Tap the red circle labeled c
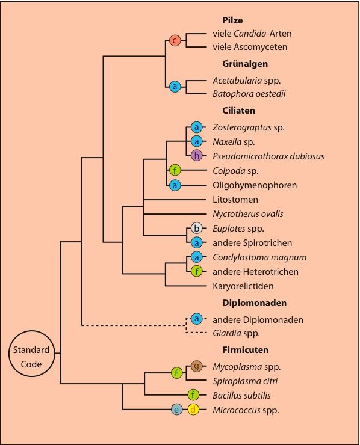click(x=175, y=40)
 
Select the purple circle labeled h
click(x=197, y=155)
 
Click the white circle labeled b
click(x=197, y=228)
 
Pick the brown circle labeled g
click(x=197, y=366)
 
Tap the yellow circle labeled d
click(x=193, y=410)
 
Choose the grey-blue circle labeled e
click(x=177, y=410)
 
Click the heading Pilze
click(x=232, y=20)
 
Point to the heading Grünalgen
click(x=245, y=64)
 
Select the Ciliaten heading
click(x=238, y=111)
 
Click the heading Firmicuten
click(x=245, y=349)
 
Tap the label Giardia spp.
click(x=237, y=333)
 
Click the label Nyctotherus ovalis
click(x=248, y=214)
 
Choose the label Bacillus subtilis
click(x=242, y=395)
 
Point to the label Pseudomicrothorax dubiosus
click(x=268, y=156)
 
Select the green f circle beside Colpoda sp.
click(x=175, y=170)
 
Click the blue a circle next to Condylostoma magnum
click(x=197, y=257)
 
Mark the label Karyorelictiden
click(x=243, y=286)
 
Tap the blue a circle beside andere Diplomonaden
click(x=197, y=319)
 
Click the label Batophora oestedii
click(x=249, y=94)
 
